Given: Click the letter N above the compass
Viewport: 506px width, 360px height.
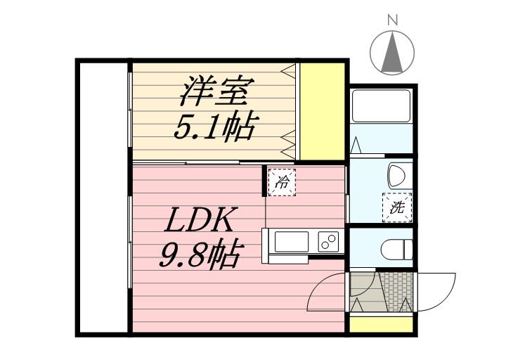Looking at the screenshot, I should (x=392, y=20).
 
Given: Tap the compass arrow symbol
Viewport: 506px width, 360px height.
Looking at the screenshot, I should (x=392, y=53).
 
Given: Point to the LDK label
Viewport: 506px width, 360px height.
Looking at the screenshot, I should (x=199, y=221).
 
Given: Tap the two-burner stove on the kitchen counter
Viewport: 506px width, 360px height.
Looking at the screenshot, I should (x=327, y=240).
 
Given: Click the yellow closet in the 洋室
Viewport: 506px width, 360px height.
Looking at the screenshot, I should (x=323, y=110).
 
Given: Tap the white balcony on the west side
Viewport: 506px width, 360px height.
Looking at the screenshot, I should (x=103, y=197).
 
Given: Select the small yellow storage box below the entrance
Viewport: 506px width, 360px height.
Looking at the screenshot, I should (x=382, y=326).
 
